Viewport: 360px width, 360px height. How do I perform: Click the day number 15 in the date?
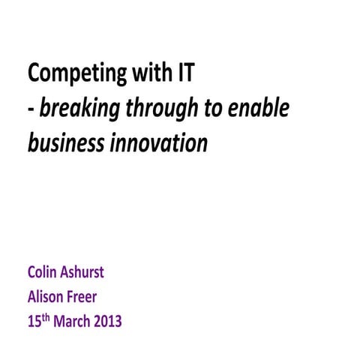click(x=34, y=323)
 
